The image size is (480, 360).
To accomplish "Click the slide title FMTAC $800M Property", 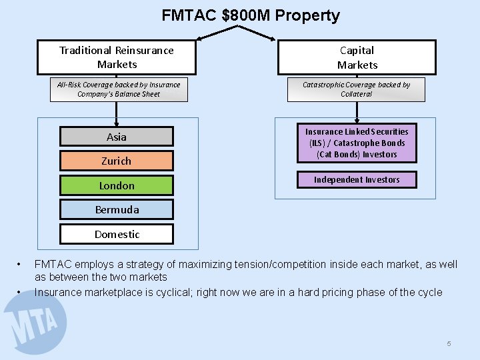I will pos(251,15).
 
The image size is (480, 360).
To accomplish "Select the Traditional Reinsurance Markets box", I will pos(117,57).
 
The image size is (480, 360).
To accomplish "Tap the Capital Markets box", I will pos(357,57).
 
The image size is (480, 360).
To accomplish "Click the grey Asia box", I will pos(117,137).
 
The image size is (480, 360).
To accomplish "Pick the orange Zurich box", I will pos(117,161).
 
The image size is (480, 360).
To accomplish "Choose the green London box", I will pos(117,185).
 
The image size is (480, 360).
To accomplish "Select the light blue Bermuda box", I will pos(117,209).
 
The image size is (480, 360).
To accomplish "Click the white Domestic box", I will pos(117,234).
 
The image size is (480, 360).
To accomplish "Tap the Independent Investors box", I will pos(357,179).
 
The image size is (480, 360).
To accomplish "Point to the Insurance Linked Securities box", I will pos(357,143).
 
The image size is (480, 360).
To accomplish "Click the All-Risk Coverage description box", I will pos(118,89).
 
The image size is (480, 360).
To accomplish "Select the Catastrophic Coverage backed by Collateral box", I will pos(356,89).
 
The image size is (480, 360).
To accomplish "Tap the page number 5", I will pos(449,343).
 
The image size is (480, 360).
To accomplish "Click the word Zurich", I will pos(117,161).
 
